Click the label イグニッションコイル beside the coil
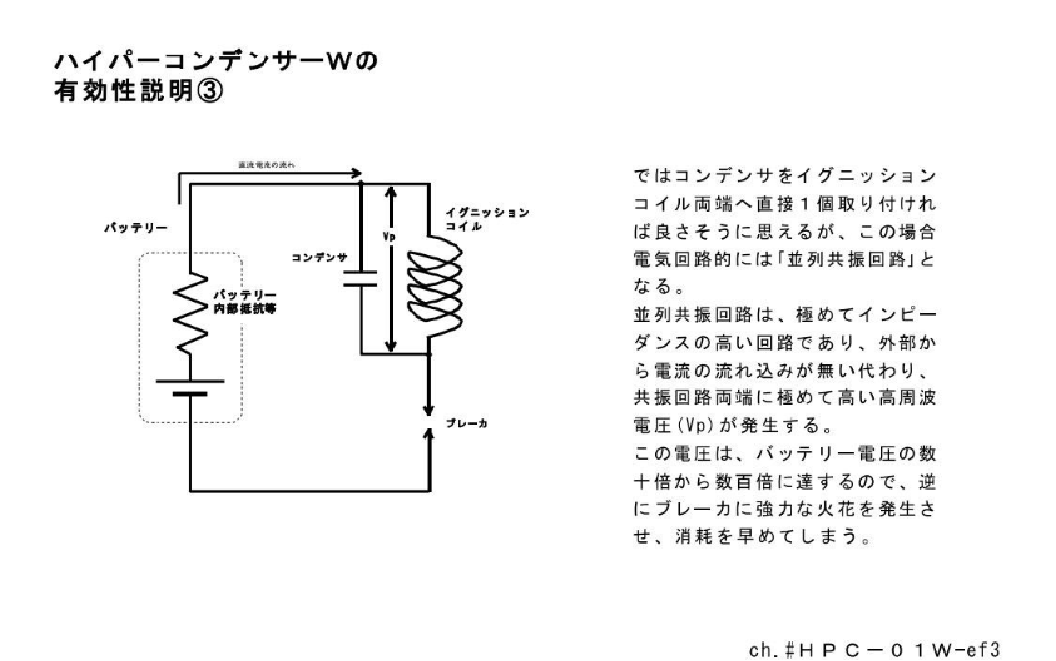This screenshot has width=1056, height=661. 487,219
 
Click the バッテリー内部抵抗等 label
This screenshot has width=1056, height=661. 245,302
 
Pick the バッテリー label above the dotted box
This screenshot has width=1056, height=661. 136,228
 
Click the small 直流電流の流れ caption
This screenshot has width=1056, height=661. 266,164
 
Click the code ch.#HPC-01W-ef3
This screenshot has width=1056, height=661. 876,650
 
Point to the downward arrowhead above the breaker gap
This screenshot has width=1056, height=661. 428,408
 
